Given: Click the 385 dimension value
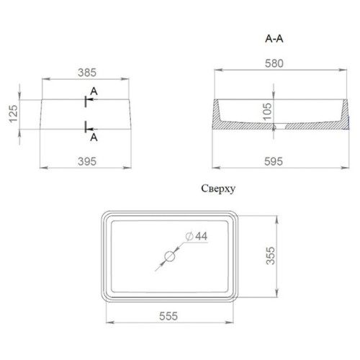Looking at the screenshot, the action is (x=87, y=73).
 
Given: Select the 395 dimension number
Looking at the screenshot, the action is (x=87, y=161).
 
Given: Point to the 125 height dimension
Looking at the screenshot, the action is (x=14, y=114).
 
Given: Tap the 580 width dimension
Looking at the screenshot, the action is (x=274, y=63).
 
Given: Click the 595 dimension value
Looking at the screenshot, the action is (x=274, y=161).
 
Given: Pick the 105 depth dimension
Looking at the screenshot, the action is (x=267, y=112).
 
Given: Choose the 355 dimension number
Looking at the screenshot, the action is (x=271, y=256).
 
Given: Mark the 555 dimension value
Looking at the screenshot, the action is (x=168, y=316).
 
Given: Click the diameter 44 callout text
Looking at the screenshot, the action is (x=197, y=236).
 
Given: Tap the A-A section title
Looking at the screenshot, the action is (x=274, y=38).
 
